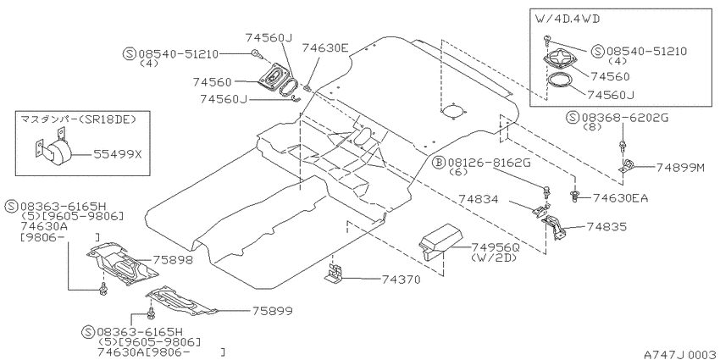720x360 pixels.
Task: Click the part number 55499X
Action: (x=118, y=154)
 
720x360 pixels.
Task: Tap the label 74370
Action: (x=401, y=280)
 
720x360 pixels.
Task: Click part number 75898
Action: (x=173, y=260)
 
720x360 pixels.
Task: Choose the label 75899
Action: (x=272, y=311)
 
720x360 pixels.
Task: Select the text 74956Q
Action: (x=496, y=247)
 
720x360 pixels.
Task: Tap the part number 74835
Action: (x=606, y=227)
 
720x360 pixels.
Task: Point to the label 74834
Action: (x=478, y=200)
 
